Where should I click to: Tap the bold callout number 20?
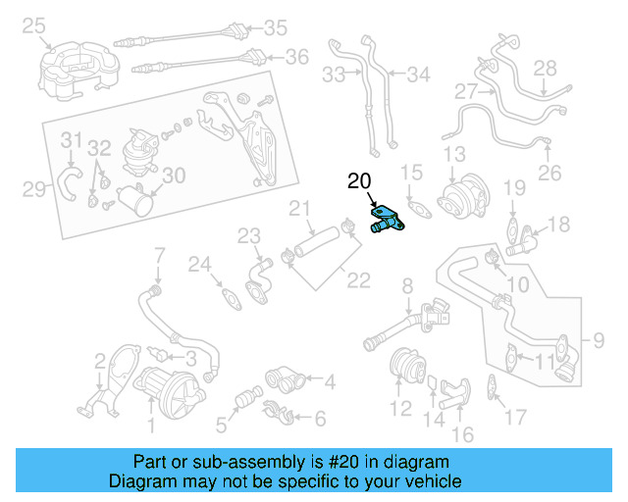[x=360, y=181]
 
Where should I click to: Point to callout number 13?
[x=454, y=155]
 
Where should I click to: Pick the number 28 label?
[x=545, y=68]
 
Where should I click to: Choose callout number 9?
[x=600, y=342]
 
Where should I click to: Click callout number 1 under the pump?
[x=150, y=425]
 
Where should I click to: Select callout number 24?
[x=200, y=264]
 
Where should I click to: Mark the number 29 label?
[x=34, y=188]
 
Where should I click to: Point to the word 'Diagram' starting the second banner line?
[x=137, y=481]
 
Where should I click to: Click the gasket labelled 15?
[x=420, y=207]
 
